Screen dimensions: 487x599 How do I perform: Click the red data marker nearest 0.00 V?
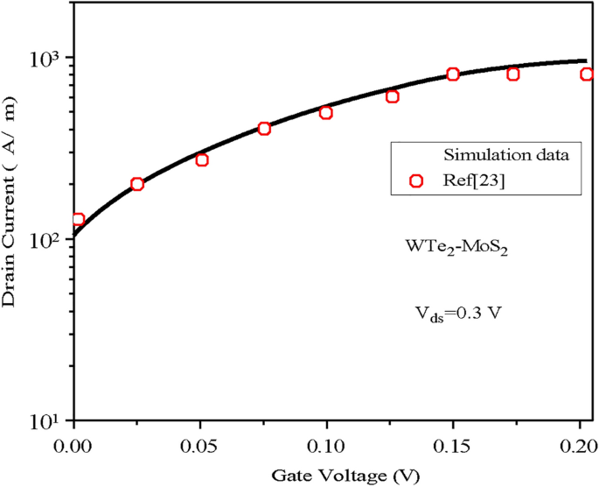tap(78, 220)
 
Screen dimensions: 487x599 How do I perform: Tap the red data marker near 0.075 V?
tap(264, 129)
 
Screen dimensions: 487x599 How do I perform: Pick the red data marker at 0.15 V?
tap(453, 74)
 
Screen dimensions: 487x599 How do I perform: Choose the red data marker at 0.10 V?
tap(326, 112)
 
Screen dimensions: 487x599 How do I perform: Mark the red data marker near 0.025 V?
tap(137, 184)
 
